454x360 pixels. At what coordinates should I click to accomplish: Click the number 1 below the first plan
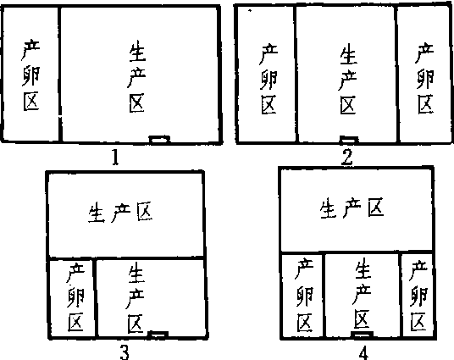(115, 158)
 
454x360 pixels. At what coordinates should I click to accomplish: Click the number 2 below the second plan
(347, 158)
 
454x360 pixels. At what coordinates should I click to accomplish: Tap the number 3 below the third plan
(125, 352)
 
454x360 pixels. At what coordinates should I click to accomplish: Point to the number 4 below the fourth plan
(363, 353)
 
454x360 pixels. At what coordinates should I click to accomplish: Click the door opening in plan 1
(159, 139)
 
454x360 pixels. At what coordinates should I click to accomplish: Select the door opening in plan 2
(349, 139)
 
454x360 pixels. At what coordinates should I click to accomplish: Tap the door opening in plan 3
(158, 335)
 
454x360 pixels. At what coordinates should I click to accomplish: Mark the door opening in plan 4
(362, 335)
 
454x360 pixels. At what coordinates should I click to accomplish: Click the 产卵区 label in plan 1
(31, 75)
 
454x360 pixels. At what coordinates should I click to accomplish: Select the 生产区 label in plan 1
(136, 76)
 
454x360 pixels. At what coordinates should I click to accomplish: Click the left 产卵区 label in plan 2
(269, 79)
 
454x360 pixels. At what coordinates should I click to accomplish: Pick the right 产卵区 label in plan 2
(425, 78)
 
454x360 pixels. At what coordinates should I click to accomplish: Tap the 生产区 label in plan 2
(348, 79)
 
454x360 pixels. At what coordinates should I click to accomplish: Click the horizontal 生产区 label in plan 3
(120, 213)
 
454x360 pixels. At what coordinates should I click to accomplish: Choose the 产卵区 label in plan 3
(76, 297)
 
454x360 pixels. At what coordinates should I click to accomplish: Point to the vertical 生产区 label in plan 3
(136, 297)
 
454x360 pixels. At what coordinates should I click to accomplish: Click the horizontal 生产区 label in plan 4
(352, 208)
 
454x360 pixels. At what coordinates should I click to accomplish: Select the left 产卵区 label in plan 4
(305, 295)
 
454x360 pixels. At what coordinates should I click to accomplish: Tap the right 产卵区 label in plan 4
(418, 296)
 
